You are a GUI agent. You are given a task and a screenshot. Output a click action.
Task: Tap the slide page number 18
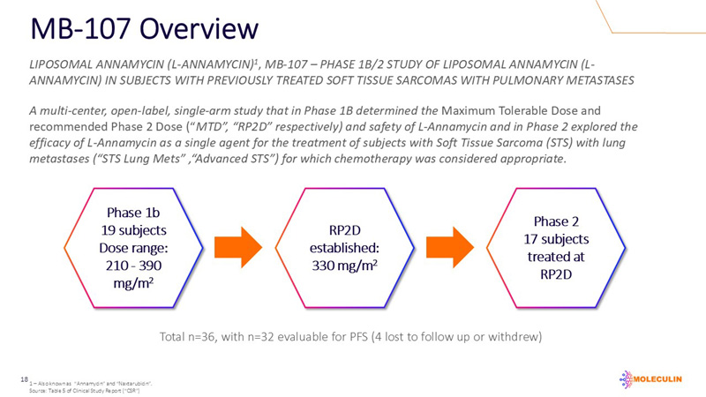[x=24, y=378]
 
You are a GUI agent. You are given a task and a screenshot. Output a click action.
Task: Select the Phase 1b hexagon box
[x=132, y=248]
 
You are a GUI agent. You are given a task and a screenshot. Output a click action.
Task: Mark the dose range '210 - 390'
[x=132, y=265]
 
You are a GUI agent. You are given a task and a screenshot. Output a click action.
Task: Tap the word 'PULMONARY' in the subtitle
[x=515, y=80]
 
